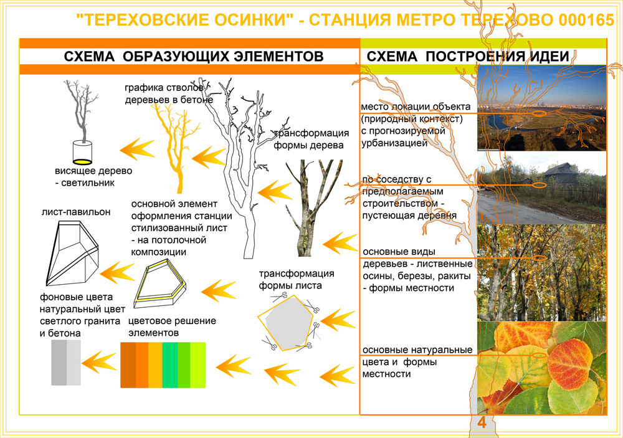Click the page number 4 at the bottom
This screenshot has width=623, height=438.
[482, 422]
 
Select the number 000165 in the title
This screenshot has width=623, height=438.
[586, 20]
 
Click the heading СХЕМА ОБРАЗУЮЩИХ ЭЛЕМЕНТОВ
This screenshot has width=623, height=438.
[194, 57]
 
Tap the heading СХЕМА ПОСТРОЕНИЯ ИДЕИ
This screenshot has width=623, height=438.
[468, 57]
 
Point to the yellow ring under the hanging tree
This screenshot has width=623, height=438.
[83, 161]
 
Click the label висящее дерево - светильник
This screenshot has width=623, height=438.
[93, 177]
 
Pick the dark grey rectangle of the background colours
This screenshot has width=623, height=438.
[59, 363]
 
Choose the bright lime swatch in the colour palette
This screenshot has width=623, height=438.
[198, 365]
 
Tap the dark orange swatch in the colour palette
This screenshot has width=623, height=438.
[128, 365]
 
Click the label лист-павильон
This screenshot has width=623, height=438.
[76, 212]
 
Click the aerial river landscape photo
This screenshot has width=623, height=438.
[541, 108]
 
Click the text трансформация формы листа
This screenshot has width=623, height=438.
[297, 279]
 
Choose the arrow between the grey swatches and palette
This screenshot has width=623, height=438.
[99, 362]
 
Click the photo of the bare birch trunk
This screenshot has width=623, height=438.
[312, 207]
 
